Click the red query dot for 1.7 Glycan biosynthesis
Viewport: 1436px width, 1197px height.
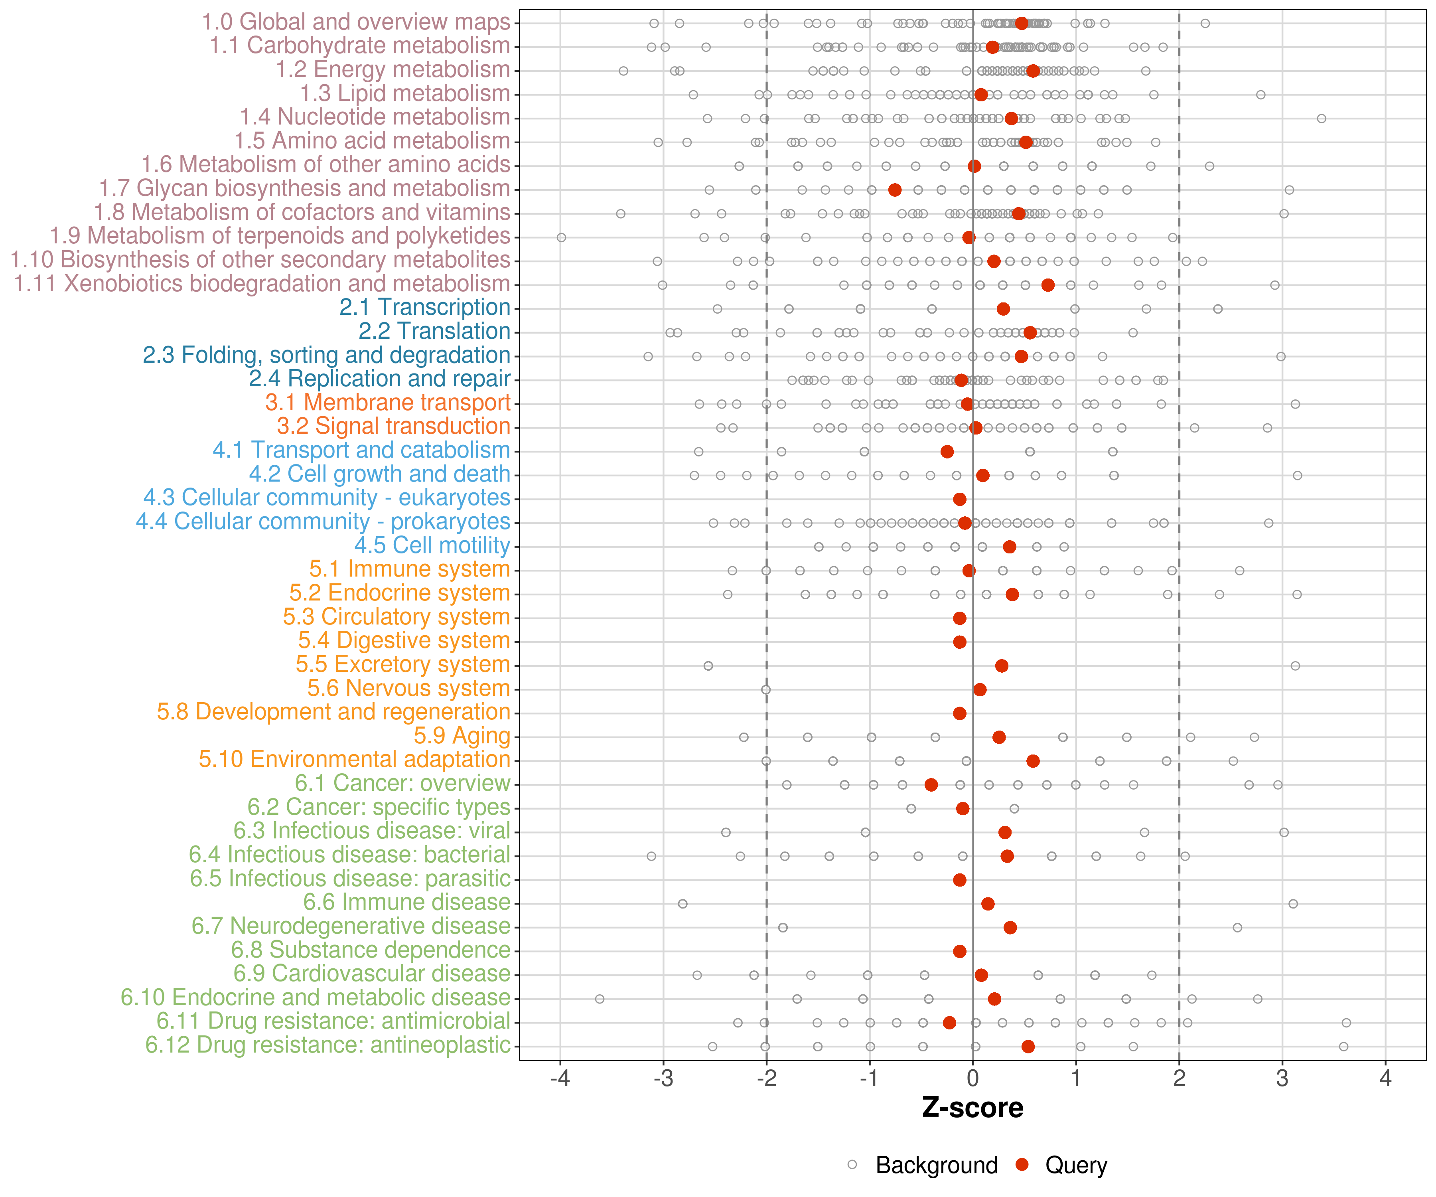[894, 190]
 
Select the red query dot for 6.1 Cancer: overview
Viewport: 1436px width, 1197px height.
[931, 784]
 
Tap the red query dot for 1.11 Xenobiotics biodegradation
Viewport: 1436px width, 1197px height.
[1047, 285]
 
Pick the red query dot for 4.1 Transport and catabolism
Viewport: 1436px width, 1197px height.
[947, 451]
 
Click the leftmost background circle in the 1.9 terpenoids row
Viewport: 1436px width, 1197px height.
[561, 237]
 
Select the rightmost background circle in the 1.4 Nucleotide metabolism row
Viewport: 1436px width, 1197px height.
[1321, 119]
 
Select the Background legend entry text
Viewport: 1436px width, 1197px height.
[937, 1165]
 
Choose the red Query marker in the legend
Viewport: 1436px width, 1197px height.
[1022, 1164]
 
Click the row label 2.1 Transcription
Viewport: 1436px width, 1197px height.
[425, 307]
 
